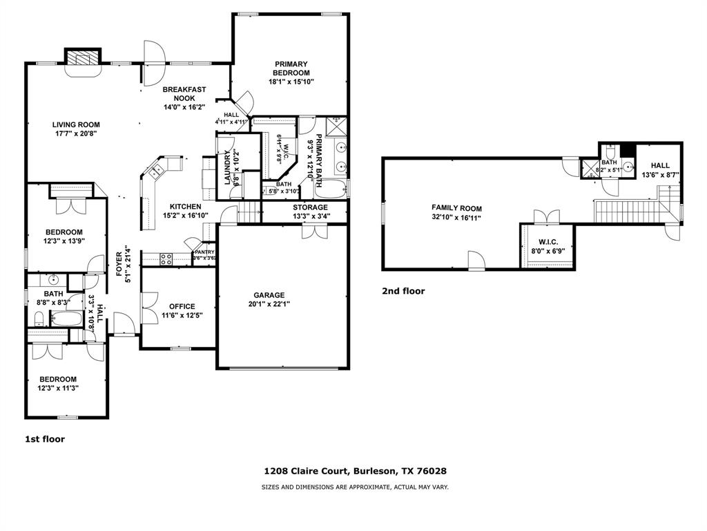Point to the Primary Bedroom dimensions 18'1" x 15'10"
pos(291,82)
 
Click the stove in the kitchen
pos(166,259)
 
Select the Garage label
pos(269,295)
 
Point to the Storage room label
pos(310,207)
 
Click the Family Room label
pos(456,208)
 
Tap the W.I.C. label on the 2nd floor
pos(543,242)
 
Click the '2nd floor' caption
pos(403,291)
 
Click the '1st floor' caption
pos(45,438)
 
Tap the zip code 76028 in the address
pos(432,471)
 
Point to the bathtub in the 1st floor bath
pos(67,319)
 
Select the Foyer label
pos(119,264)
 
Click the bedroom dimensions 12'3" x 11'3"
pos(58,389)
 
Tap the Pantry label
pos(204,252)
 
